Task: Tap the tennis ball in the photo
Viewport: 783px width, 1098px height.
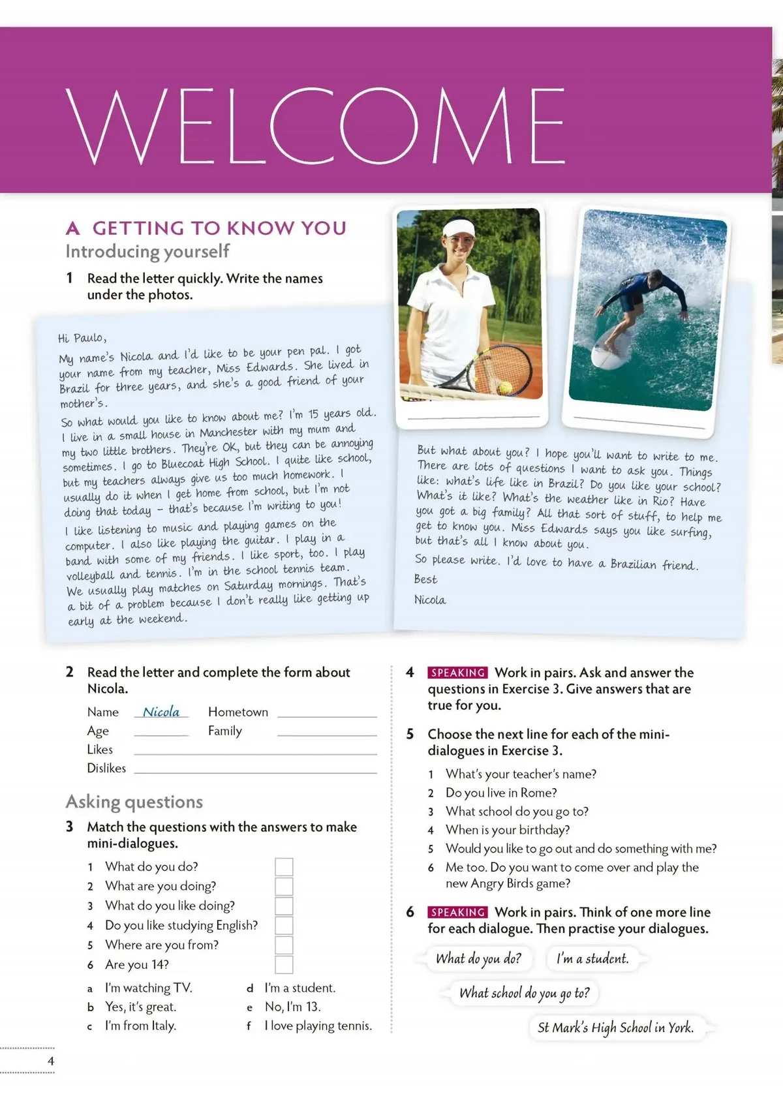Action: (x=505, y=388)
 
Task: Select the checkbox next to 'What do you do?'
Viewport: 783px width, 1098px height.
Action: (x=284, y=867)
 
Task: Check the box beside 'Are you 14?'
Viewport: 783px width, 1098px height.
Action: (x=284, y=965)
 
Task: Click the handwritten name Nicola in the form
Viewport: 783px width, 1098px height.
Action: (x=161, y=712)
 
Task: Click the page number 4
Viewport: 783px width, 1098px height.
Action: (x=51, y=1061)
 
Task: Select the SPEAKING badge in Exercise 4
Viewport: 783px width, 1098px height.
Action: (x=457, y=673)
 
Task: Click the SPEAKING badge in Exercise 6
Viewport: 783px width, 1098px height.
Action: (x=457, y=912)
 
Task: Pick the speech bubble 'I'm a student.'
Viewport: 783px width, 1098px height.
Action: (x=592, y=958)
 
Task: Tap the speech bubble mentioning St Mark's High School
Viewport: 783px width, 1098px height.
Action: (x=615, y=1028)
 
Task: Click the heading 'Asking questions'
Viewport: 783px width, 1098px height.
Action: (x=134, y=802)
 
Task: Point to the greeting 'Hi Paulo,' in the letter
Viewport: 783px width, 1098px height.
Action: (x=82, y=338)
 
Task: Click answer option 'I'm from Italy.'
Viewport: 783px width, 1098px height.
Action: (x=140, y=1026)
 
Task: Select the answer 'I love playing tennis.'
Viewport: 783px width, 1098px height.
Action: (x=318, y=1026)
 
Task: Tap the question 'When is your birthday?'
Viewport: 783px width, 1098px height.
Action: (x=508, y=830)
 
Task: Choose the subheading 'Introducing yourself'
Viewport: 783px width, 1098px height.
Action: (x=147, y=251)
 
